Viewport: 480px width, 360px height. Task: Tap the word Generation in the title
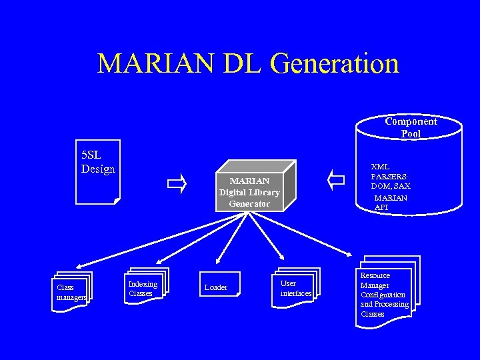click(335, 63)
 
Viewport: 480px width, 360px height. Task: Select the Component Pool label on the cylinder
click(411, 127)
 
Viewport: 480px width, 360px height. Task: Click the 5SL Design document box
click(98, 171)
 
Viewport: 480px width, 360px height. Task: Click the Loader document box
click(216, 287)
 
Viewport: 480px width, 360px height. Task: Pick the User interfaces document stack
click(295, 289)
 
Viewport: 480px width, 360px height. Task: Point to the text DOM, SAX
click(391, 187)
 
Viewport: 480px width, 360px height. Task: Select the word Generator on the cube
click(249, 203)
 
